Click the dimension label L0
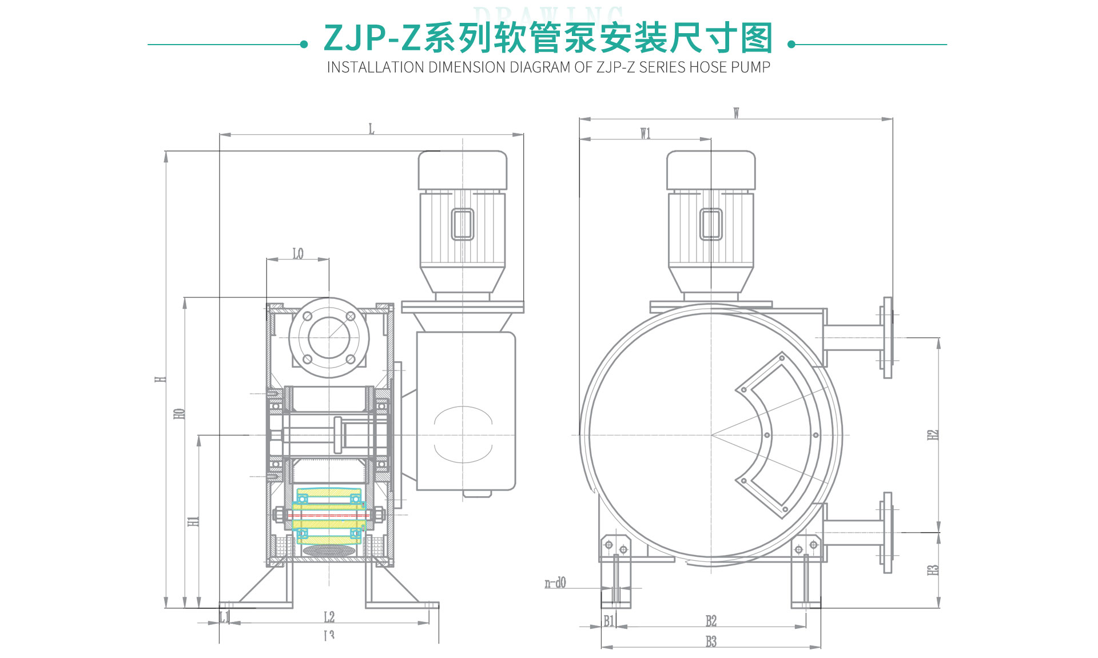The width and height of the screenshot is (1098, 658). [298, 253]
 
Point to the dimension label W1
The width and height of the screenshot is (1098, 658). [645, 133]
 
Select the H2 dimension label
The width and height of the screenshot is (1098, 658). [933, 434]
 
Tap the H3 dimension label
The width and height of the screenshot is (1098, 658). [933, 570]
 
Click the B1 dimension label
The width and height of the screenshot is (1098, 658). [609, 621]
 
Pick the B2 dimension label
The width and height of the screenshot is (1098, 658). [711, 621]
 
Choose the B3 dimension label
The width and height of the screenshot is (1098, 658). [711, 641]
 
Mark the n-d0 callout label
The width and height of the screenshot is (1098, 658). [555, 583]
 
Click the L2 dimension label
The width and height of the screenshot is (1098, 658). [329, 617]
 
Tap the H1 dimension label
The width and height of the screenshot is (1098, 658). [194, 521]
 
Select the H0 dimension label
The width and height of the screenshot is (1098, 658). [179, 413]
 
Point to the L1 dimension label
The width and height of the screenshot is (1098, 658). [225, 617]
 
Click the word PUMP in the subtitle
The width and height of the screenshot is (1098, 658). [751, 67]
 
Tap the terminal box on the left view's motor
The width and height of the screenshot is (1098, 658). [463, 224]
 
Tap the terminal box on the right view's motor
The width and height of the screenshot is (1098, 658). [711, 224]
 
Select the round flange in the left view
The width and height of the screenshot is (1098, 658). [329, 337]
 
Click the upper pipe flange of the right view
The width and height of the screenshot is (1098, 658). [887, 337]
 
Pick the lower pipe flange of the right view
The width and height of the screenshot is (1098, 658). [887, 532]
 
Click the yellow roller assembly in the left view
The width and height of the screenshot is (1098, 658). [329, 515]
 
